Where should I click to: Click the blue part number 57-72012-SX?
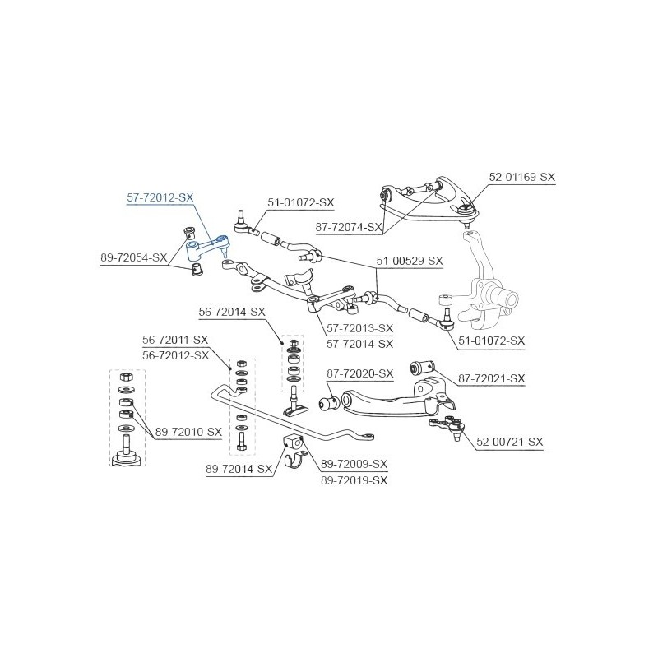pos(160,197)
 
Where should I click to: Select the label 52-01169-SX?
pos(522,177)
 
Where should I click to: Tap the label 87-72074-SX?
pos(349,227)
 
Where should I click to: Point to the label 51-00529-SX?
pos(410,261)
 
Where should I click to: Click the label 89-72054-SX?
pos(134,257)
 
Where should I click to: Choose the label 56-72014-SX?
pos(232,312)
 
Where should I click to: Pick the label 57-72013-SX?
pos(360,328)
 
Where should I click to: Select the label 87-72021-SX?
pos(491,378)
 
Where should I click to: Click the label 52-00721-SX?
pos(510,442)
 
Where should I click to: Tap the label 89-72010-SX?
pos(188,432)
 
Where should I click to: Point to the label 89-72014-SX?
pos(239,469)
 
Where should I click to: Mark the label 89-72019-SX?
pos(354,480)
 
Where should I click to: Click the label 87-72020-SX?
pos(360,373)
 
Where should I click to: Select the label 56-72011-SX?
pos(175,340)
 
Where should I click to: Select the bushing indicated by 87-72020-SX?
pos(330,404)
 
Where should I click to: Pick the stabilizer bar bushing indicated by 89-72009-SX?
pos(293,443)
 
